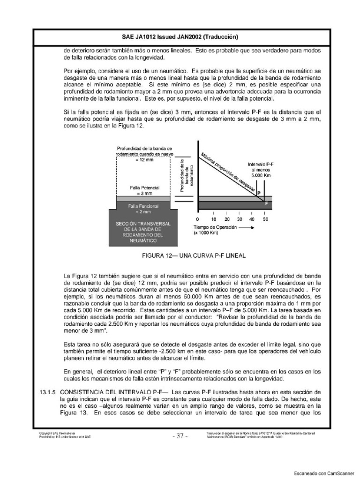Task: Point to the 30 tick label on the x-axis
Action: (240, 219)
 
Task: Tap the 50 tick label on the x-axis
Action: (266, 219)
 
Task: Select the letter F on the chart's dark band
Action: (267, 204)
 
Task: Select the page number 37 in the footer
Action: (180, 435)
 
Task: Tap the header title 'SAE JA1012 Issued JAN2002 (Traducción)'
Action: (180, 37)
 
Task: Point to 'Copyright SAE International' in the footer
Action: (57, 433)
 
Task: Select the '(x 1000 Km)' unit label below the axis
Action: (207, 232)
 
